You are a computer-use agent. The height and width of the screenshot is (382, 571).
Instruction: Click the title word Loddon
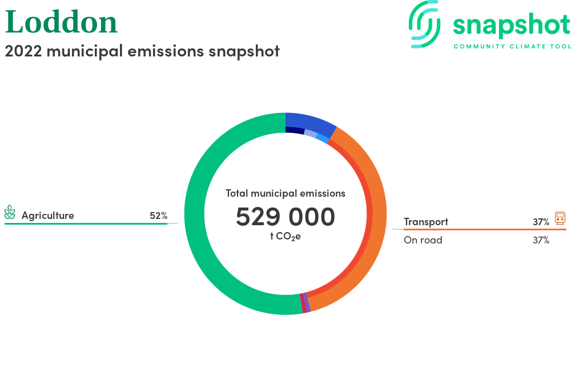(61, 22)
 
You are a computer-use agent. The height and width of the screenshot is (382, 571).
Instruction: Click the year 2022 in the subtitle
(23, 51)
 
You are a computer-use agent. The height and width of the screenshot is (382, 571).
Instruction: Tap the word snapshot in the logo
(511, 26)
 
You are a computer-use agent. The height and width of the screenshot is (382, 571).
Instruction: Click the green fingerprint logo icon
(424, 24)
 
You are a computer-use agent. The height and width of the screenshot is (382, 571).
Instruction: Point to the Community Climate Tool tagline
(512, 46)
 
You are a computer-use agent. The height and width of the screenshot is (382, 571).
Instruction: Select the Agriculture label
(48, 216)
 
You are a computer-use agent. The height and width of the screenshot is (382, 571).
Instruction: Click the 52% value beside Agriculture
(158, 216)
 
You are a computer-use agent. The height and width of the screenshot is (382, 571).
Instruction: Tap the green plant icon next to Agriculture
(10, 212)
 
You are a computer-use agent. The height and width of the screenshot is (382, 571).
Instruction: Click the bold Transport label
(426, 222)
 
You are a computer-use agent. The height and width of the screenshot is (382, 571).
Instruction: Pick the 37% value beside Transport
(541, 222)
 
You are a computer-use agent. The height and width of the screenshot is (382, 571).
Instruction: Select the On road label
(423, 240)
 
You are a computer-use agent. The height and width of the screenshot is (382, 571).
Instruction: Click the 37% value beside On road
(541, 240)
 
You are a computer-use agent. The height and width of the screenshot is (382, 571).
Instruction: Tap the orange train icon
(560, 218)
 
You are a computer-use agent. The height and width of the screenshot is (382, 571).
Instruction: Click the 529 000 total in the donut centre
(285, 217)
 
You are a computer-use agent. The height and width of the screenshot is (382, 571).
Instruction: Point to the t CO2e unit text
(285, 237)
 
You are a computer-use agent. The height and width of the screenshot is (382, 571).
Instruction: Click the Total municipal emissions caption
(285, 193)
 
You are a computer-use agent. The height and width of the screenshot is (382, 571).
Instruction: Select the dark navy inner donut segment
(295, 130)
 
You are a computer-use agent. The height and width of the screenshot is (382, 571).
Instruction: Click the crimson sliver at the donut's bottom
(303, 303)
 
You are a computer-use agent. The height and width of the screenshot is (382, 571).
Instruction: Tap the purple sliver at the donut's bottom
(307, 302)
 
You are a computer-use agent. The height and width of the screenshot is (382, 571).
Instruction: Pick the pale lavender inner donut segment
(311, 133)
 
